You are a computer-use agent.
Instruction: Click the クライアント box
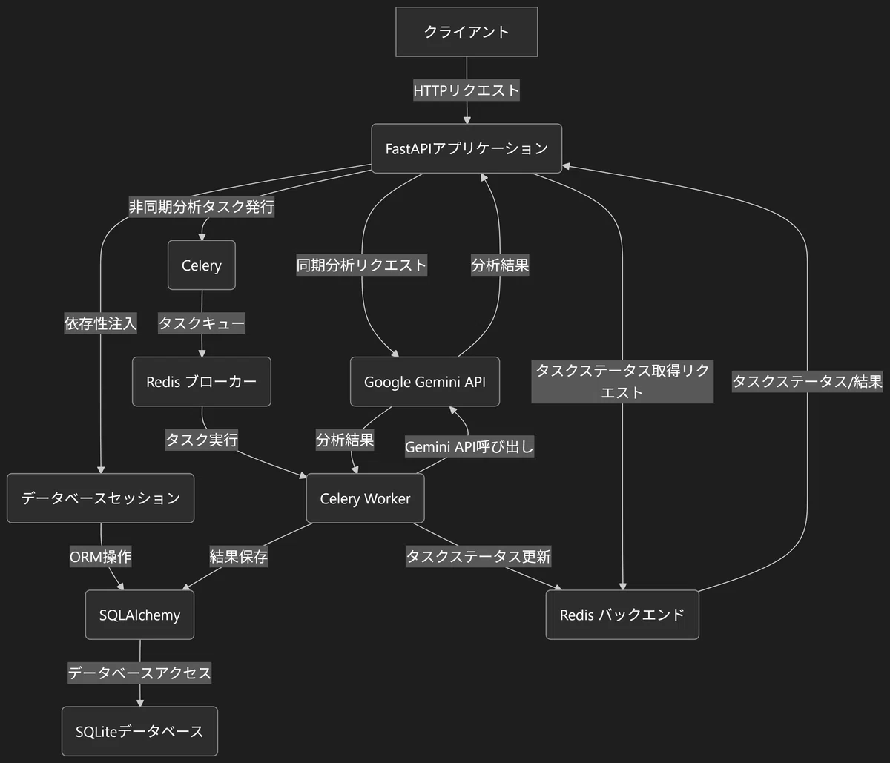click(467, 31)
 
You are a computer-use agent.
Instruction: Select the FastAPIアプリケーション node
click(467, 148)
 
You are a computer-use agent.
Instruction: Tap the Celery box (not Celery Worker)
click(202, 265)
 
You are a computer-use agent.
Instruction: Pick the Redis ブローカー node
click(202, 381)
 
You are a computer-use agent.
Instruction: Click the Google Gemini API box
click(425, 381)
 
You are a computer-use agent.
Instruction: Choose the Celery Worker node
click(365, 498)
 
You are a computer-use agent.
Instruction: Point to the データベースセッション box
click(100, 498)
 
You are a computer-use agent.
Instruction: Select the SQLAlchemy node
click(139, 615)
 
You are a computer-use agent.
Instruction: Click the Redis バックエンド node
click(622, 615)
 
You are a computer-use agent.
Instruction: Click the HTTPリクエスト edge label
click(467, 90)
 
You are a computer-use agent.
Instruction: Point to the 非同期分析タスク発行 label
click(202, 207)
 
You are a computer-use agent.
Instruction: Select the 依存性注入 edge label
click(100, 323)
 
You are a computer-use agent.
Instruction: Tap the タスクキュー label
click(202, 323)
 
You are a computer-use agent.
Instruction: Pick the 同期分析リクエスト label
click(362, 265)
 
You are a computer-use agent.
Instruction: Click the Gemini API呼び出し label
click(469, 447)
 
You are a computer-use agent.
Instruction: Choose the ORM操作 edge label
click(100, 557)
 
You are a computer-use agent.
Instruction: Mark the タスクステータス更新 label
click(478, 556)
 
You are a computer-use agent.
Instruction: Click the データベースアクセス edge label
click(139, 673)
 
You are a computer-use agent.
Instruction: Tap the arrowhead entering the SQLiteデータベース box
click(139, 703)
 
